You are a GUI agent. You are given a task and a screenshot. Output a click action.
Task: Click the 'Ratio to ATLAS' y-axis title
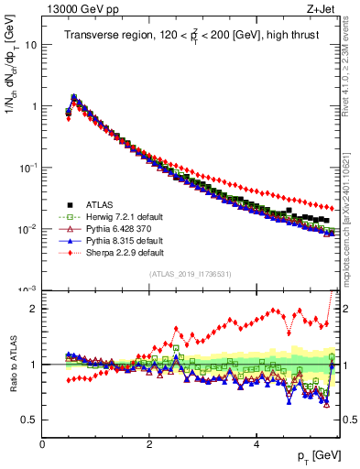point(12,365)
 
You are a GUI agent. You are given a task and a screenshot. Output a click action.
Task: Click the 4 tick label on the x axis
point(256,444)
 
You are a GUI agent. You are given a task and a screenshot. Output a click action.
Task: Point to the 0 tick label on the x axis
point(43,444)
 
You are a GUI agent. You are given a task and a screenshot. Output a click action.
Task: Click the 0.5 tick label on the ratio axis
point(29,420)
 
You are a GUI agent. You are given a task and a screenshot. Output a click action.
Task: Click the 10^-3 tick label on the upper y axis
point(29,289)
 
